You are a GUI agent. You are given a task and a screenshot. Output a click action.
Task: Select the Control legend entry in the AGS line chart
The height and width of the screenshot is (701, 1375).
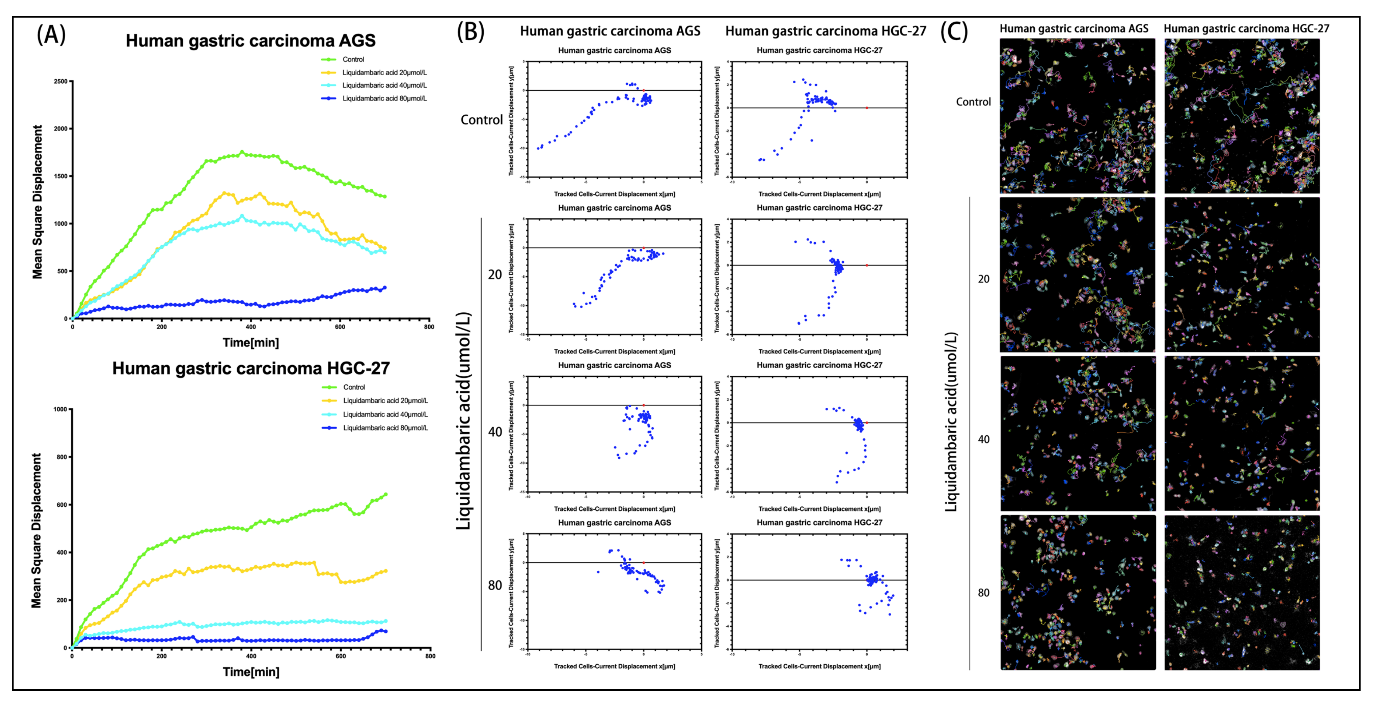click(x=353, y=59)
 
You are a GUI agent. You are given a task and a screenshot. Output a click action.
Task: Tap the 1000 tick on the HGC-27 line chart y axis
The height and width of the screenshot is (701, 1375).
click(x=60, y=410)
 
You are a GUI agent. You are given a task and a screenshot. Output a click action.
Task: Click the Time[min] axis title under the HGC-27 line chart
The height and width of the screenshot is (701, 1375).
click(x=251, y=671)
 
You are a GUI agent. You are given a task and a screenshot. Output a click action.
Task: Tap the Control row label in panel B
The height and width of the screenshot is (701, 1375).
click(x=481, y=120)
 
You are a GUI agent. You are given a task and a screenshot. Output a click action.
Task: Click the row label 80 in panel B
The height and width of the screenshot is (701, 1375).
click(x=495, y=585)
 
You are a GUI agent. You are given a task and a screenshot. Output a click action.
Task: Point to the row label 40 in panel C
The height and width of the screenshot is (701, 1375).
click(x=983, y=439)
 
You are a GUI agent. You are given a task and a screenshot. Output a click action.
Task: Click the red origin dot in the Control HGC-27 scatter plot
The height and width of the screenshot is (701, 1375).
click(x=866, y=108)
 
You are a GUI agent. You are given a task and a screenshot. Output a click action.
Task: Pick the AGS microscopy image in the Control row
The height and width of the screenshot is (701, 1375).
click(x=1077, y=116)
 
